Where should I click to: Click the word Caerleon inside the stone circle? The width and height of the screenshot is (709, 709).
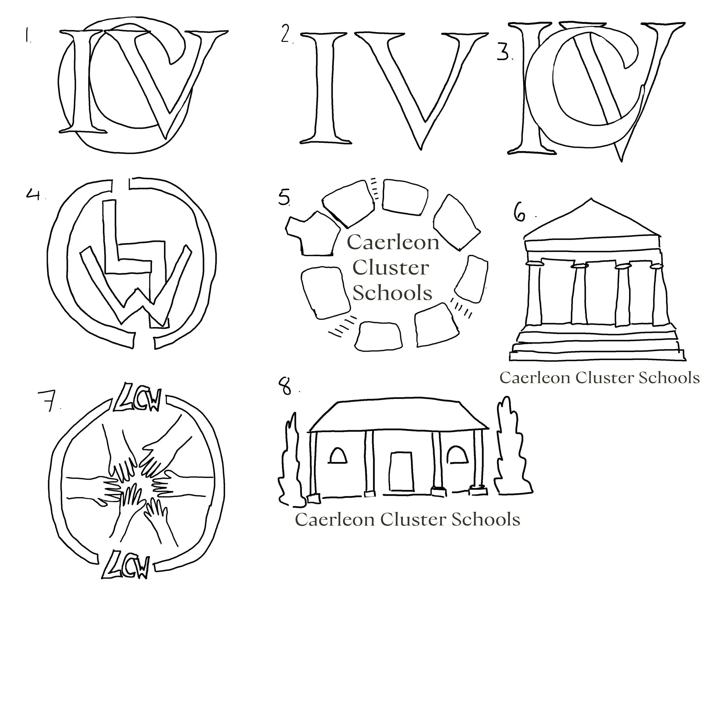pyautogui.click(x=393, y=242)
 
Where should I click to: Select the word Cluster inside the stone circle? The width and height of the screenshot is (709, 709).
pyautogui.click(x=391, y=268)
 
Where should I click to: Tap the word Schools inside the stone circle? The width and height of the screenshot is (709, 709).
pyautogui.click(x=392, y=293)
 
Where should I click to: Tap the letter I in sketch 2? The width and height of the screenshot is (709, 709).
pyautogui.click(x=325, y=88)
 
